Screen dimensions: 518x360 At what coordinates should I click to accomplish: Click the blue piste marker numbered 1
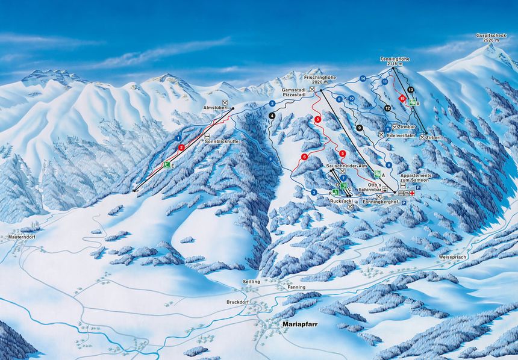pyautogui.click(x=178, y=138)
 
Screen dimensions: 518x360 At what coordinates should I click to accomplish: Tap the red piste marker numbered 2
pyautogui.click(x=181, y=147)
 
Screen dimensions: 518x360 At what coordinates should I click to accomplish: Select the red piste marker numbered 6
pyautogui.click(x=305, y=157)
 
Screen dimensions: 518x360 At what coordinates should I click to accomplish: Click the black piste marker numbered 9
pyautogui.click(x=360, y=128)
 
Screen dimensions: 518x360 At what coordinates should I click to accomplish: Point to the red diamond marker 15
pyautogui.click(x=402, y=98)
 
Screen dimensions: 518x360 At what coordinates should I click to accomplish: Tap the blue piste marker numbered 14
pyautogui.click(x=363, y=79)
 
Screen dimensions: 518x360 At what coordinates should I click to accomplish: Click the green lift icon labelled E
pyautogui.click(x=167, y=164)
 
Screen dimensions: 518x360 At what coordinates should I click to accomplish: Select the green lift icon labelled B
pyautogui.click(x=413, y=103)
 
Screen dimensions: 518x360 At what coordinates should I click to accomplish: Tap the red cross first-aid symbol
pyautogui.click(x=413, y=193)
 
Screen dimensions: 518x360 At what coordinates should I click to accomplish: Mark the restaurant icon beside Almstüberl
pyautogui.click(x=225, y=102)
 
